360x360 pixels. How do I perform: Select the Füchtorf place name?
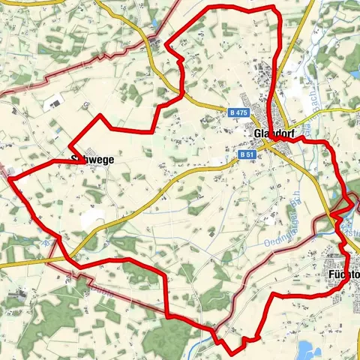[x=343, y=275]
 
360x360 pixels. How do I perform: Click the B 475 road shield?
[x=238, y=112]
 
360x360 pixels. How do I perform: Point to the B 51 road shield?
[x=248, y=154]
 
